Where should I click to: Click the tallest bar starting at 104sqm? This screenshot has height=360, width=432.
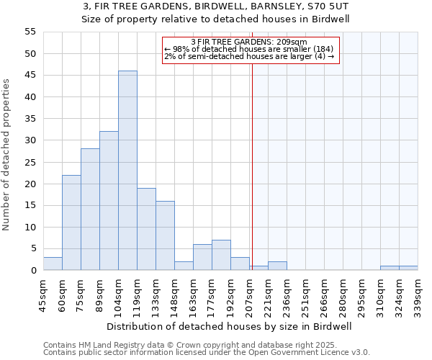tap(127, 171)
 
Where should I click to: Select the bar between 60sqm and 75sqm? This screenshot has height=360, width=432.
tap(71, 222)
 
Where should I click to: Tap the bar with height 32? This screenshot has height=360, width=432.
tap(109, 201)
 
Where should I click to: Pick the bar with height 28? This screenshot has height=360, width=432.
tap(90, 210)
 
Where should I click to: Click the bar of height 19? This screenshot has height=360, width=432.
tap(146, 229)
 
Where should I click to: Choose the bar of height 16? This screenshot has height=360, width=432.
tap(165, 235)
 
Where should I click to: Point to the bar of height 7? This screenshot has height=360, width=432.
tap(221, 255)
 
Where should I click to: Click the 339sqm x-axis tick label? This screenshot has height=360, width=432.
tap(418, 295)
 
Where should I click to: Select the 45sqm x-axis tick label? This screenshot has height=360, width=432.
tap(43, 295)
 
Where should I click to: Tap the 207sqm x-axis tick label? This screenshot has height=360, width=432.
tap(249, 295)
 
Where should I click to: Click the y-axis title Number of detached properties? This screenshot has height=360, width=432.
tap(7, 155)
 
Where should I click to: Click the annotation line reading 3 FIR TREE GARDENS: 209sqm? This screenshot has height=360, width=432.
tap(249, 42)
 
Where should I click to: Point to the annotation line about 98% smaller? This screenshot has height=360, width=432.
tap(249, 49)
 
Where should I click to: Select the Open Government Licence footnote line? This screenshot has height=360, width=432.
tap(206, 353)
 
